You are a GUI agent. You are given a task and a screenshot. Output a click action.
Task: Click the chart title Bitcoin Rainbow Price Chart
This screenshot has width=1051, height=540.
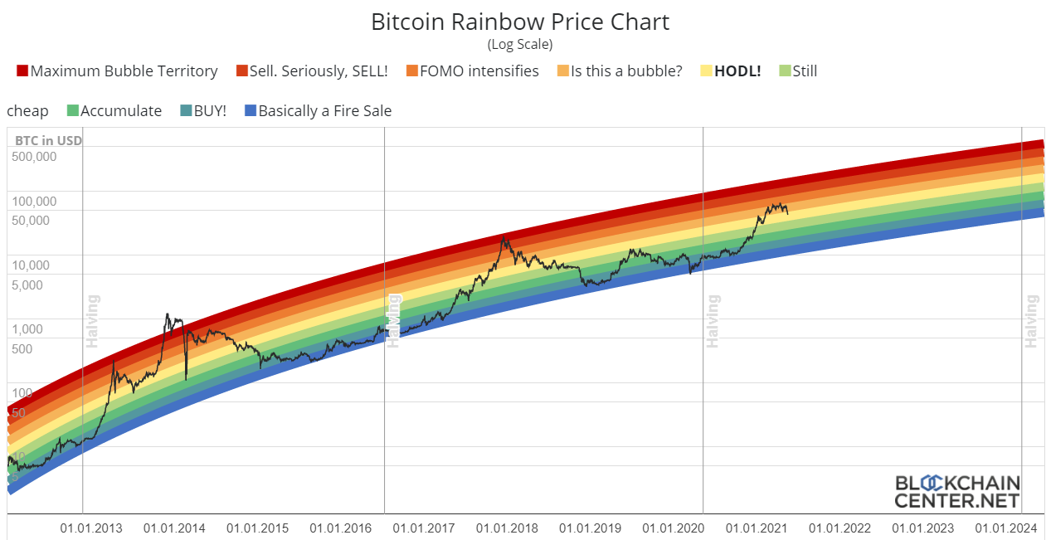coord(520,22)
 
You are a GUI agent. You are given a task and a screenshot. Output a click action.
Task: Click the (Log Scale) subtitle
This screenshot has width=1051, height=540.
coord(520,44)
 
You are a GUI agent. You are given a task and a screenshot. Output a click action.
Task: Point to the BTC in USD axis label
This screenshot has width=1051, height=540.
coord(48,140)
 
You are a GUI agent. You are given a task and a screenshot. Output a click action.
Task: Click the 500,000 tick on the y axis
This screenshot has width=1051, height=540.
coord(35,156)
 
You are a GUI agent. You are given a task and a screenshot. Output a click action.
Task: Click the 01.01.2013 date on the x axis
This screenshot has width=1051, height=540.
coord(91,528)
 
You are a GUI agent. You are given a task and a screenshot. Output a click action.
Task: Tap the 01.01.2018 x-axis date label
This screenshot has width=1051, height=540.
coord(506,528)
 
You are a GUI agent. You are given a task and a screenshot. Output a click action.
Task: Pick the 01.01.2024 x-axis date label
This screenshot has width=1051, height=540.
coord(1005,528)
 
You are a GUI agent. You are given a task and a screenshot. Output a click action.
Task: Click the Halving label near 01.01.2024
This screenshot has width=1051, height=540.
coord(1032,321)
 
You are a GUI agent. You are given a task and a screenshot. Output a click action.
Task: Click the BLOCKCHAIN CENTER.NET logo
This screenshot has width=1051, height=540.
coord(956,491)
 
